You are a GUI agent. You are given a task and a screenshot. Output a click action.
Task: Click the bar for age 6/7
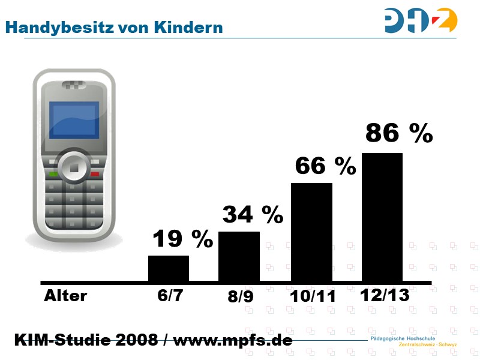pos(169,268)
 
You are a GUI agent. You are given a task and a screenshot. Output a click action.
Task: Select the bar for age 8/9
pos(239,256)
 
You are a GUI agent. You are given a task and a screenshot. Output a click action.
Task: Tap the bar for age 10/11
pos(311,232)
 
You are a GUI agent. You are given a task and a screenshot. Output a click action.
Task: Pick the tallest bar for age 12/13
pos(382,217)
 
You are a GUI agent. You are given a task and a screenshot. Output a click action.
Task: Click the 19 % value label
pos(182,239)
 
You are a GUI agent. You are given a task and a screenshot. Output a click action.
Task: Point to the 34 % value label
pos(253,214)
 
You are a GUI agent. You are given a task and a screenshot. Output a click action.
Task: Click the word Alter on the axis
pos(65,296)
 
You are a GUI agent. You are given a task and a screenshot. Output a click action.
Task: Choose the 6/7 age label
pos(170,296)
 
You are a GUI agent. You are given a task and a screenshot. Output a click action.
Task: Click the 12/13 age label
pos(385,295)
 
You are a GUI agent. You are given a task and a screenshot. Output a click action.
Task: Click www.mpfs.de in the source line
pos(232,340)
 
